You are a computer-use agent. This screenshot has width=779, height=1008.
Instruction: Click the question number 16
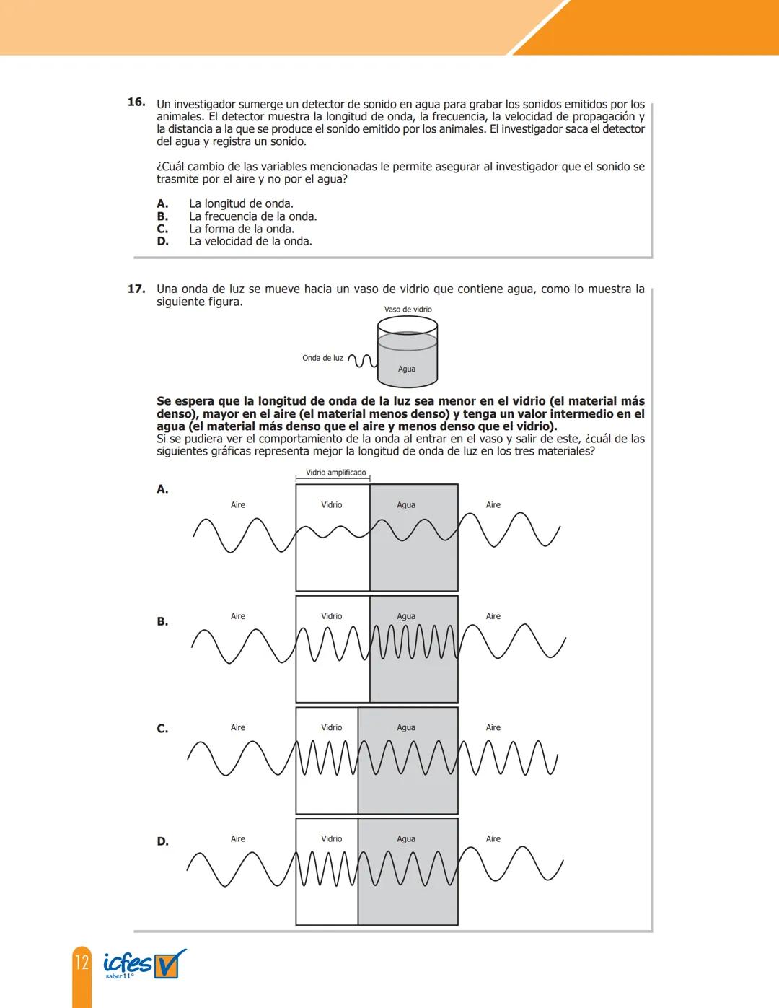point(136,102)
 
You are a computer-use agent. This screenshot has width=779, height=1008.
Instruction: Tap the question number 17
point(136,289)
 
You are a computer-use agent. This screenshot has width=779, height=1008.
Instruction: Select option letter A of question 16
point(162,203)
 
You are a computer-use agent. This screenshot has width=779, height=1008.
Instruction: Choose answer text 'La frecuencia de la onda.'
point(252,216)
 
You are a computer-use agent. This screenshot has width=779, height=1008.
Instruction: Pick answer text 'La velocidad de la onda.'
point(250,241)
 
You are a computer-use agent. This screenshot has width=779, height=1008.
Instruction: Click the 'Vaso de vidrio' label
point(408,310)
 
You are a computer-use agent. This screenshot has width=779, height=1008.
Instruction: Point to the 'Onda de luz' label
point(322,358)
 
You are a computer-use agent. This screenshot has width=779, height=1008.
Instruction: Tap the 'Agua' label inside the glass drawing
point(407,369)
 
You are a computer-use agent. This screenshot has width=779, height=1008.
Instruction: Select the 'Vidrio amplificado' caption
point(335,473)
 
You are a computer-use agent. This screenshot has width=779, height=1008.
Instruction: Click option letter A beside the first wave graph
point(162,489)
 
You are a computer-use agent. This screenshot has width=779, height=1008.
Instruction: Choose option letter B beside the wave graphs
point(162,621)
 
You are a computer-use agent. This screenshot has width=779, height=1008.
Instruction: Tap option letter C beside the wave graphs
point(162,729)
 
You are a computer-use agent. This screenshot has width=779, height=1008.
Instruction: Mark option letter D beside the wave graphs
point(162,841)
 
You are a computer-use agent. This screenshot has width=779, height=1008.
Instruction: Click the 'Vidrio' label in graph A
point(332,505)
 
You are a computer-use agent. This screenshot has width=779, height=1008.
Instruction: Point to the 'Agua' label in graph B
point(406,616)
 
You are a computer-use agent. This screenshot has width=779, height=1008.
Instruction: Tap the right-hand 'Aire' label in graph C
point(493,727)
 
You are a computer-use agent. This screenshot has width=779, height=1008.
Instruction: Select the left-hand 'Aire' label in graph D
point(238,838)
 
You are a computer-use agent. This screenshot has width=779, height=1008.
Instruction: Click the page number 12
point(82,962)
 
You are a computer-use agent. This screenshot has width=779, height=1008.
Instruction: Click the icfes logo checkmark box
point(170,964)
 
